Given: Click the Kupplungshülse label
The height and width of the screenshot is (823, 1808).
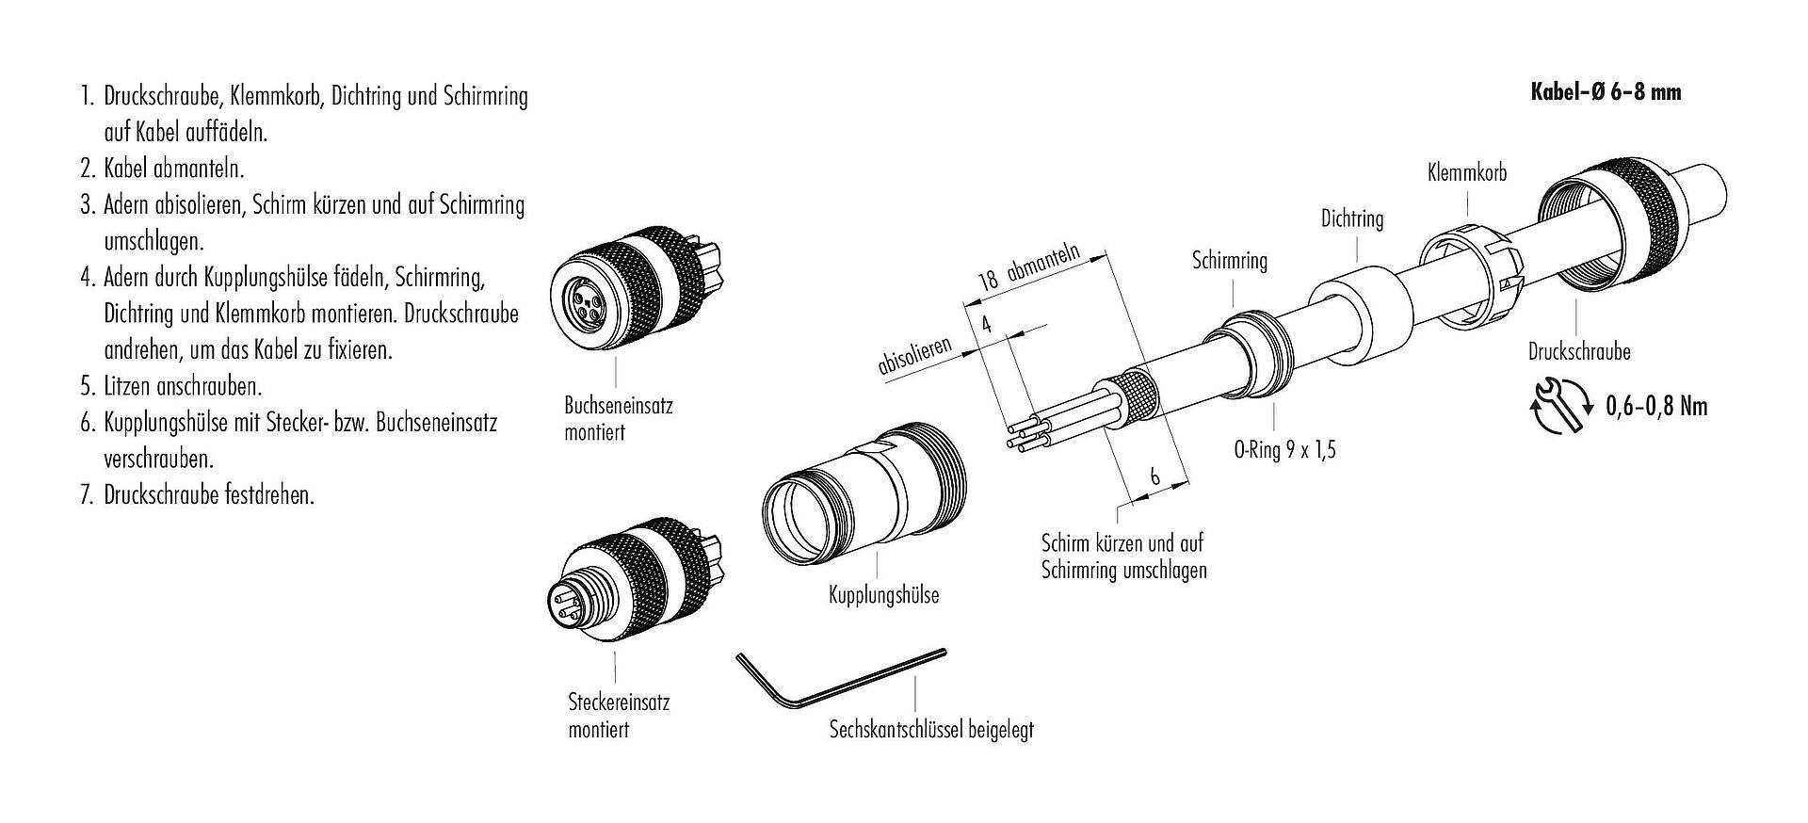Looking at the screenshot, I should pyautogui.click(x=883, y=595).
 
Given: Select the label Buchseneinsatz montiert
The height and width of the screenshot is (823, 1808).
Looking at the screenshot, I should pyautogui.click(x=618, y=419).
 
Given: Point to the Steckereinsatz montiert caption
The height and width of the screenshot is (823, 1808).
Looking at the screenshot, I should pyautogui.click(x=619, y=716).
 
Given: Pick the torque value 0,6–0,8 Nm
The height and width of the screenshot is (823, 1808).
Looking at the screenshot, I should pyautogui.click(x=1655, y=406).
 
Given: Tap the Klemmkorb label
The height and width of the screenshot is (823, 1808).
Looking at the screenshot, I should pyautogui.click(x=1467, y=172).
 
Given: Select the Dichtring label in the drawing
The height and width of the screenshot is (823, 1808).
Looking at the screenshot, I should pyautogui.click(x=1352, y=219).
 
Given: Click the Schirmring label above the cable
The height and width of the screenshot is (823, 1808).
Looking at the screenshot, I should pyautogui.click(x=1230, y=261).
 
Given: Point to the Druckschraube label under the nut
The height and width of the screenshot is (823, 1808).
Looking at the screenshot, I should pyautogui.click(x=1579, y=352).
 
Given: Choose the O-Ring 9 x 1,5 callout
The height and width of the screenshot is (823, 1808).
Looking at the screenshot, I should pyautogui.click(x=1285, y=449).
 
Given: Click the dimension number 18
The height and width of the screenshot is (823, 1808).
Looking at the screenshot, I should pyautogui.click(x=987, y=281).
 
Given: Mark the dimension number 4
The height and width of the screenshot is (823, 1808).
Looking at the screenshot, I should pyautogui.click(x=987, y=325).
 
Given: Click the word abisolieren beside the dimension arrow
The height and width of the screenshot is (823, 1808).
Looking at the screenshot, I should pyautogui.click(x=914, y=353).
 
